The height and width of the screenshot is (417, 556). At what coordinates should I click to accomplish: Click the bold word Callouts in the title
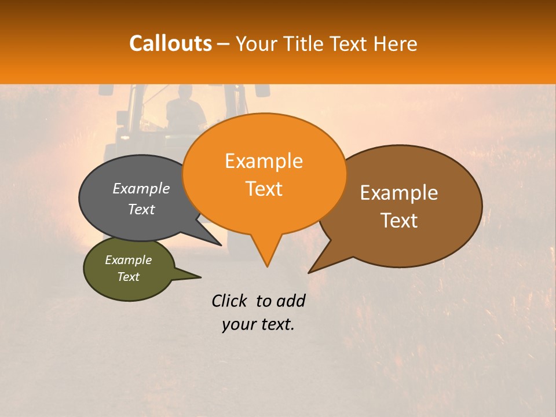pos(170,43)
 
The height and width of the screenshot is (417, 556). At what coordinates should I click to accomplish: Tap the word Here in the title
pos(395,44)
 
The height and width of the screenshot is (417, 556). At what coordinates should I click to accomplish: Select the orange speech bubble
pos(264,174)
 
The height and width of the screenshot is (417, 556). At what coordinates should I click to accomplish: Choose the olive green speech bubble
pos(129,269)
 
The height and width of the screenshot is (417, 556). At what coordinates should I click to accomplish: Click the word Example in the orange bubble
pos(264,161)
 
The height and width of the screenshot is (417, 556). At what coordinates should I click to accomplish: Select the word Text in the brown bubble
pos(399,221)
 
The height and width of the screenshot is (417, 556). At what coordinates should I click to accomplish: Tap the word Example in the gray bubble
pos(141,189)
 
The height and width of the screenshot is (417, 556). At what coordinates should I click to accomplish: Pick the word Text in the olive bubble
pos(129,277)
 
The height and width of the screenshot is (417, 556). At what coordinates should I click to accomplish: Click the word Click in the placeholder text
pos(231,301)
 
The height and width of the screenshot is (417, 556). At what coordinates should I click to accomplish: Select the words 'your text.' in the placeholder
pos(258,325)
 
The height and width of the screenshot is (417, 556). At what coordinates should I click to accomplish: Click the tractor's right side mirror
pos(262,90)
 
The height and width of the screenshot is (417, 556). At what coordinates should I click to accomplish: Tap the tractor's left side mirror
pos(105,90)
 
